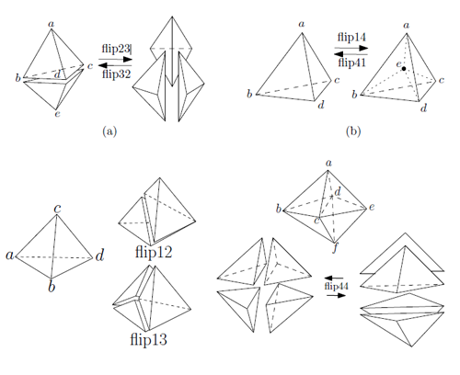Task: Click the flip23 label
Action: [x=116, y=49]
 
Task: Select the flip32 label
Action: [x=117, y=74]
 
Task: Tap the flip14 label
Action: [x=351, y=38]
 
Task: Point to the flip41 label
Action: [x=351, y=62]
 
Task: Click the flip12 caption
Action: [x=154, y=252]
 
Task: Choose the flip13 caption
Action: [x=149, y=339]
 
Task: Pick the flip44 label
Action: [x=337, y=287]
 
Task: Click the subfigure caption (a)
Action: [x=109, y=131]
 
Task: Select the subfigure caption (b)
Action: [x=353, y=131]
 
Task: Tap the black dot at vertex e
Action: [x=404, y=69]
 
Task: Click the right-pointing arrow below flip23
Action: [x=115, y=60]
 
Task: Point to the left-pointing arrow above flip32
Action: [x=115, y=65]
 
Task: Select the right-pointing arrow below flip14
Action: [x=351, y=48]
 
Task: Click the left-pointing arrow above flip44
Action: [x=334, y=278]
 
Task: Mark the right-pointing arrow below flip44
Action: [x=336, y=295]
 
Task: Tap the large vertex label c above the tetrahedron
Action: [x=57, y=209]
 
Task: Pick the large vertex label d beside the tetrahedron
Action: [x=100, y=256]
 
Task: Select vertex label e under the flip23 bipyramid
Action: [x=57, y=114]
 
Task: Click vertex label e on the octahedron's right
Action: [x=372, y=207]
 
